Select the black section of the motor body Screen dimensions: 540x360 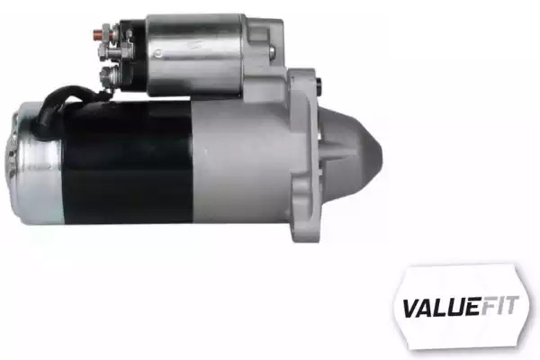click(128, 162)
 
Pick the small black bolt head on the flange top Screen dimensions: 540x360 click(319, 85)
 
